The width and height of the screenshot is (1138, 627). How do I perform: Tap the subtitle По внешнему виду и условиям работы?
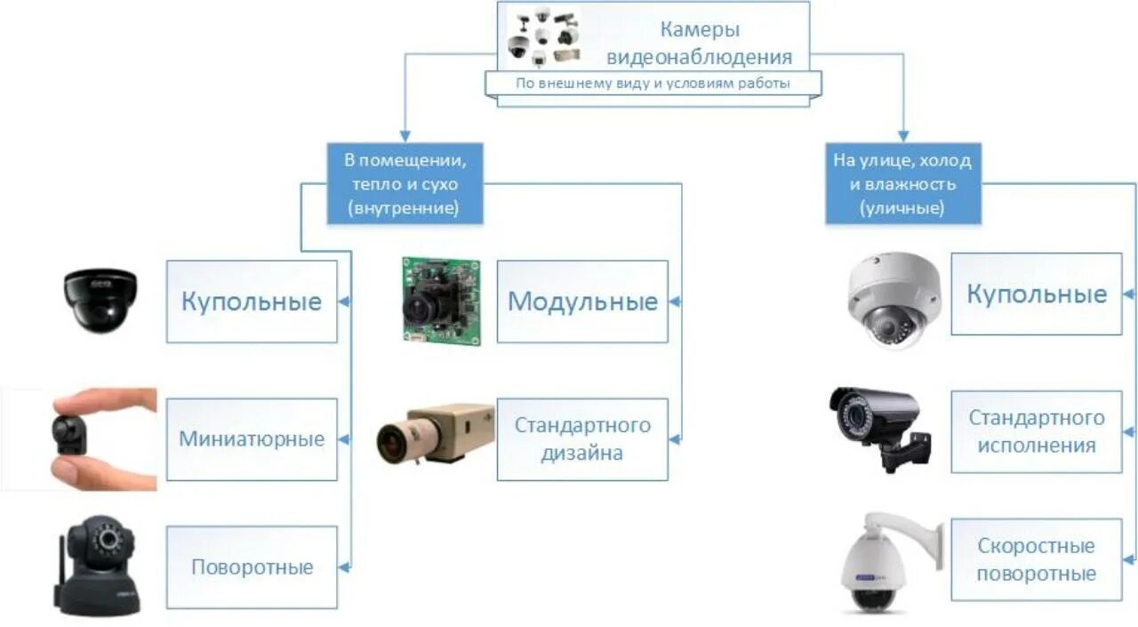[x=653, y=84]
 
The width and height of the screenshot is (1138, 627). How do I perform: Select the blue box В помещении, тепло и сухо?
[x=405, y=184]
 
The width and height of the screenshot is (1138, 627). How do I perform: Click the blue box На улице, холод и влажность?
[x=902, y=184]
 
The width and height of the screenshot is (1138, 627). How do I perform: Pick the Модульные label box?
[x=582, y=301]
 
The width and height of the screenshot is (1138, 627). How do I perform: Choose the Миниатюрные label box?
[x=252, y=439]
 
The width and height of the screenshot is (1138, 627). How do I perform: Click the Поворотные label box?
[x=252, y=567]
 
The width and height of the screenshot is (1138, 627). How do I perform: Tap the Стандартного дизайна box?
[x=582, y=439]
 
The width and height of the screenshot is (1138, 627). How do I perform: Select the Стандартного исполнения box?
[x=1036, y=431]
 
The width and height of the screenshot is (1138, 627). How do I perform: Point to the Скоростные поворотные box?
[x=1036, y=559]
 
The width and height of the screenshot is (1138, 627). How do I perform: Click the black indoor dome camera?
[x=100, y=300]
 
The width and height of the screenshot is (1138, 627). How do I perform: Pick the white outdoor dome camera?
[x=893, y=299]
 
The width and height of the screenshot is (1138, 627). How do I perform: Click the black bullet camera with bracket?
[x=878, y=424]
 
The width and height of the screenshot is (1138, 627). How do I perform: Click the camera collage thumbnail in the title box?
[x=543, y=37]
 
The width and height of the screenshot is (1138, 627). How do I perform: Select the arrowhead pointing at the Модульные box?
[x=675, y=302]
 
